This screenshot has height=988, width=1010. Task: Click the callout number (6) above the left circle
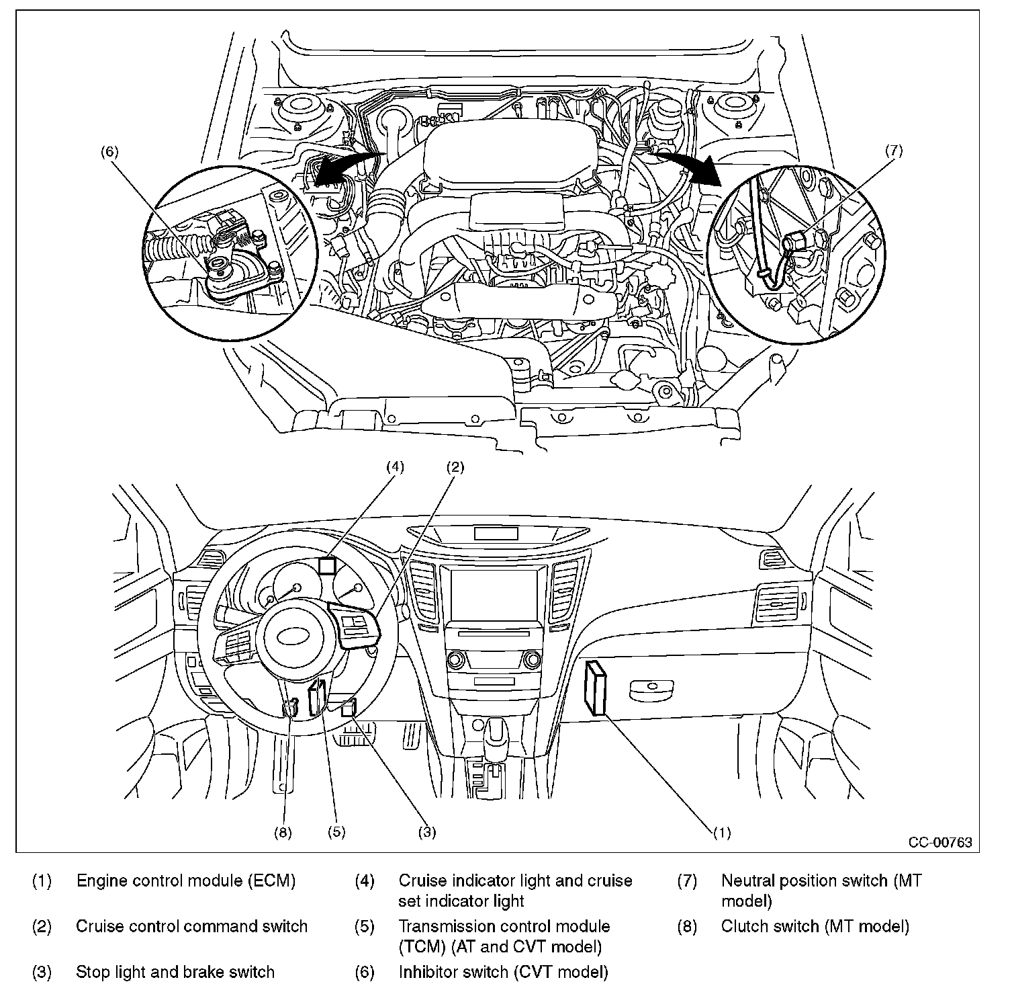[x=109, y=152]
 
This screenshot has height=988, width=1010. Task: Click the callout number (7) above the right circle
[x=894, y=151]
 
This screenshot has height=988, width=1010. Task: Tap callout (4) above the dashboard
[x=395, y=466]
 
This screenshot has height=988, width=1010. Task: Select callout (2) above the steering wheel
[x=455, y=466]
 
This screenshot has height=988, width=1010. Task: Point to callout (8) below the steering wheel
[x=283, y=832]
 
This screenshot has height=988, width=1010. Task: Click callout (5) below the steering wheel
[x=336, y=832]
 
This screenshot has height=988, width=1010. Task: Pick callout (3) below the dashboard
[x=427, y=832]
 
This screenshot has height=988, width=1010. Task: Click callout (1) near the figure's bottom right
[x=721, y=833]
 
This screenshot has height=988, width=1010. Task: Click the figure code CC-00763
[x=940, y=843]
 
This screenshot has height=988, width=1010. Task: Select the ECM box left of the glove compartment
[x=596, y=687]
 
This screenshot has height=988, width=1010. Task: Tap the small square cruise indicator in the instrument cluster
[x=327, y=566]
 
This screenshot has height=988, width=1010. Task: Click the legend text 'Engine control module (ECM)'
[x=186, y=880]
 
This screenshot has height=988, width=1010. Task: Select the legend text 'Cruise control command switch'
[x=191, y=926]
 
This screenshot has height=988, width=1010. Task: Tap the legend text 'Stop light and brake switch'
[x=175, y=972]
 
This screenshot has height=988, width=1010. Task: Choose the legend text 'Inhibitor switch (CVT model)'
[x=503, y=972]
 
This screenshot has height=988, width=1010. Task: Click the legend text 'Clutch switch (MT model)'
[x=815, y=926]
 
